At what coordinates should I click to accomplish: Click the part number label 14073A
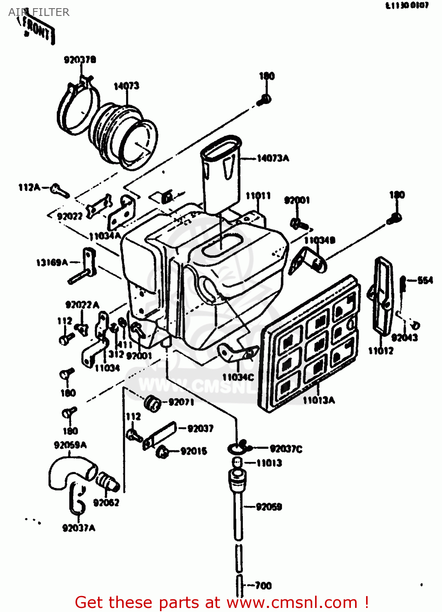pos(273,158)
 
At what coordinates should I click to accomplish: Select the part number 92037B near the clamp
pos(80,60)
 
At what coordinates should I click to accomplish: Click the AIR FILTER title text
pos(39,12)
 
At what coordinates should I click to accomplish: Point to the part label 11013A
pos(318,400)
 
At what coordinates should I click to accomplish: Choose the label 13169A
pos(52,262)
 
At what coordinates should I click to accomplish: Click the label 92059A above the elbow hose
pos(70,445)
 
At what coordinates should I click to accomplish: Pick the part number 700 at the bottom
pos(263,585)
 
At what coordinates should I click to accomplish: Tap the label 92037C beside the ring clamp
pos(286,449)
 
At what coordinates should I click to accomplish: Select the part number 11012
pos(380,351)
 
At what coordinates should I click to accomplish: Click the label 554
pos(425,280)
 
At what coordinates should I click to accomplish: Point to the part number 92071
pos(181,402)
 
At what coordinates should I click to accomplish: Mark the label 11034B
pos(320,240)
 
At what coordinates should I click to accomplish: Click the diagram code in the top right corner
pos(407,5)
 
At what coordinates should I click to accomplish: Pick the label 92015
pos(193,451)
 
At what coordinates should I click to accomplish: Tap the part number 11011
pos(258,196)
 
